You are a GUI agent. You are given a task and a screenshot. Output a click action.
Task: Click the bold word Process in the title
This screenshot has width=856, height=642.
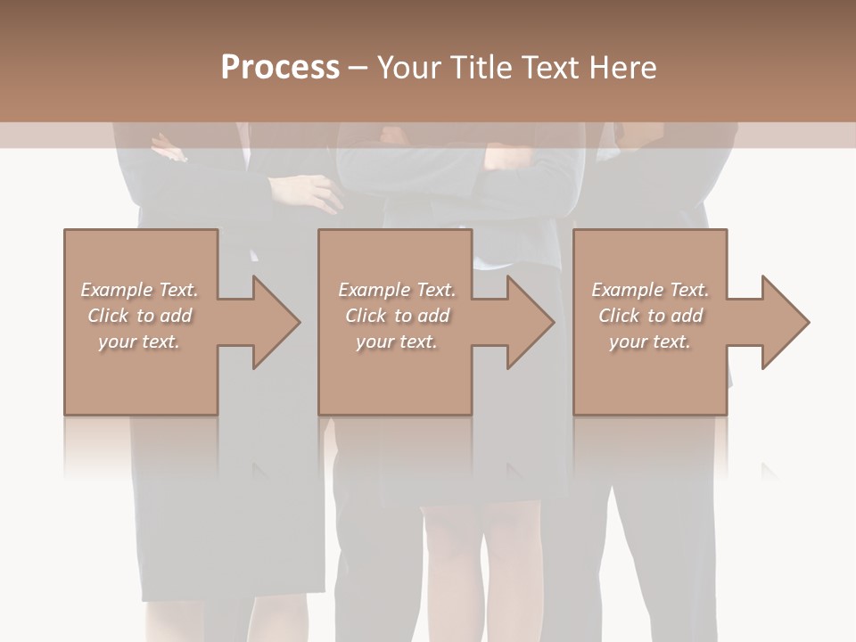tap(280, 68)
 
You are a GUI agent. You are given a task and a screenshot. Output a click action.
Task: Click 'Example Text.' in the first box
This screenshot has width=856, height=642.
tap(139, 290)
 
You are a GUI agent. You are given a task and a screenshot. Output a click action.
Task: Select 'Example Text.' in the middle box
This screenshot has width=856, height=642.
tap(397, 290)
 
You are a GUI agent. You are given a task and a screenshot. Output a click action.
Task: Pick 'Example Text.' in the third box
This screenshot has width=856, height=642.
tap(650, 290)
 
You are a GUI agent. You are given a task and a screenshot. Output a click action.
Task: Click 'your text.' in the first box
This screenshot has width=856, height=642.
tap(139, 342)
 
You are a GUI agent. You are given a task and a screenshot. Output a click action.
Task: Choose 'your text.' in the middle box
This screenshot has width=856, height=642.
tap(397, 342)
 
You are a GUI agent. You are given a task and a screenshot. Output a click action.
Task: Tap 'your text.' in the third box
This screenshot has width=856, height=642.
tap(650, 342)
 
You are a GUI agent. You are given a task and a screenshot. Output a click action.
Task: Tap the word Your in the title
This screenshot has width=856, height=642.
tap(407, 68)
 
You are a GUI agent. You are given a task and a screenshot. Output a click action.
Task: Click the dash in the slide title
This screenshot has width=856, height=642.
tap(358, 68)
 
